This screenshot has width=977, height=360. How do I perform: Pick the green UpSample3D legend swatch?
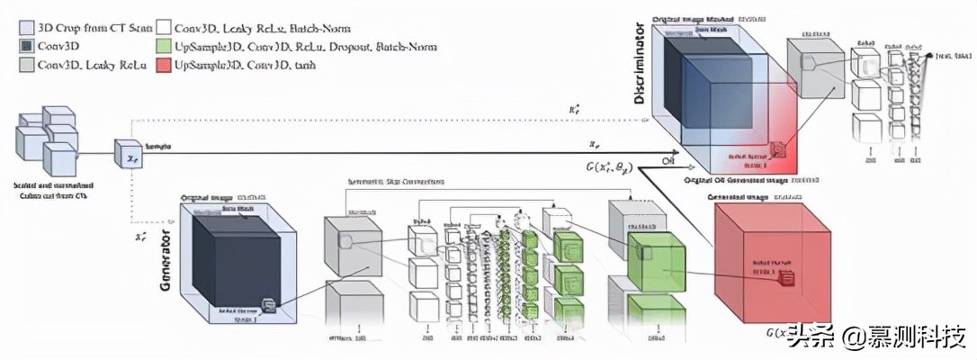point(164,46)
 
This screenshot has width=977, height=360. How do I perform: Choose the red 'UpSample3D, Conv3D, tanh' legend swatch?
point(164,66)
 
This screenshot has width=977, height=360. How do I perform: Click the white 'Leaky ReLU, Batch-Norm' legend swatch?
point(164,28)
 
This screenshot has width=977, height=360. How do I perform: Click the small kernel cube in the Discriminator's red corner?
point(777,152)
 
